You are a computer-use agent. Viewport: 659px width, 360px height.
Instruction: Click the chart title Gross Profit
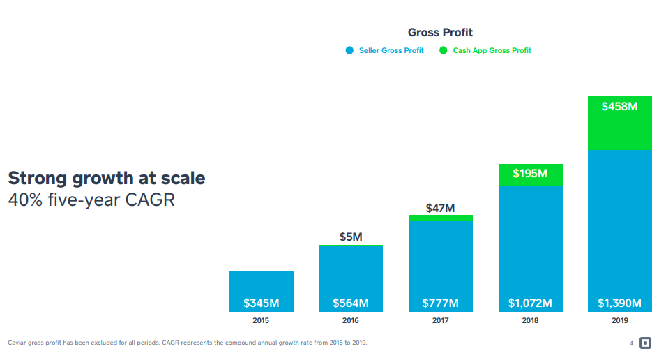point(440,32)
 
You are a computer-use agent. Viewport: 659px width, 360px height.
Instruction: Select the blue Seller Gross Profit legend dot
point(349,50)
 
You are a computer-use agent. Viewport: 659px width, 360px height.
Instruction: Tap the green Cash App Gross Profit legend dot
point(444,50)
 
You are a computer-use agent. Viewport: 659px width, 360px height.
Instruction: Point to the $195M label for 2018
point(530,173)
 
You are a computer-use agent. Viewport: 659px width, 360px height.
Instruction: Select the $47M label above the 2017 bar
point(440,208)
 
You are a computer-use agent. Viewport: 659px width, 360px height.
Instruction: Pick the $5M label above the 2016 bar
point(351,237)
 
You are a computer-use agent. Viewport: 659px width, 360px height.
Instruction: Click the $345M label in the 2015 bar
point(262,303)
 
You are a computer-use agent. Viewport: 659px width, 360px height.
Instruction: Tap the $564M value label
point(351,303)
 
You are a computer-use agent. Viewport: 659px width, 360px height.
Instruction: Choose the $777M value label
point(440,303)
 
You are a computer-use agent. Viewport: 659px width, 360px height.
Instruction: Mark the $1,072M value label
point(530,303)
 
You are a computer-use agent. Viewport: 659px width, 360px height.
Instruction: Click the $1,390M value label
point(619,303)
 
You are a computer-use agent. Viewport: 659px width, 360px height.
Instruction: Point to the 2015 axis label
point(262,321)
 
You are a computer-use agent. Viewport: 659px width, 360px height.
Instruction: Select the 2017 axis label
point(440,321)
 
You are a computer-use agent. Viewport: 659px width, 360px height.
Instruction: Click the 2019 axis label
point(619,321)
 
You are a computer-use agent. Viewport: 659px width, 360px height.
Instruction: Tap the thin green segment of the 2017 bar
point(440,218)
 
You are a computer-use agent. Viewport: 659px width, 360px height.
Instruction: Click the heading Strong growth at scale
point(106,178)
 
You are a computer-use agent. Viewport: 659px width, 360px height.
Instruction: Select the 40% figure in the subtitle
point(24,200)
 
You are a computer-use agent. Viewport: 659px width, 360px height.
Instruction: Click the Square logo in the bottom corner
point(645,343)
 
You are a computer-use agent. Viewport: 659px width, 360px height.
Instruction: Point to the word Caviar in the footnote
point(17,343)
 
